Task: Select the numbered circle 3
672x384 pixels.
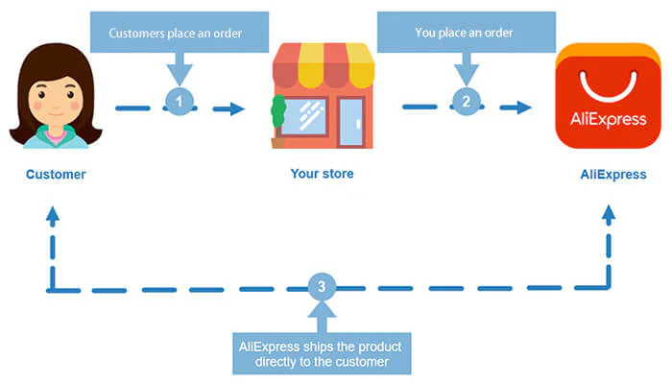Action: click(x=324, y=286)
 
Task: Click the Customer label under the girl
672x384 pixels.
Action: click(x=56, y=175)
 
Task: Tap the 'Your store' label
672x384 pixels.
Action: click(x=322, y=175)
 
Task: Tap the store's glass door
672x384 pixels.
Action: click(x=350, y=122)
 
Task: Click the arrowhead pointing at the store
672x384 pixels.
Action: click(x=235, y=108)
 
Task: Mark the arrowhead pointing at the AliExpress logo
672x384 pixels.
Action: click(x=523, y=108)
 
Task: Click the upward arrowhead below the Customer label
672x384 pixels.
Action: click(x=53, y=218)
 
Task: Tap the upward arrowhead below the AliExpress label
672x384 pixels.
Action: click(x=608, y=218)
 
